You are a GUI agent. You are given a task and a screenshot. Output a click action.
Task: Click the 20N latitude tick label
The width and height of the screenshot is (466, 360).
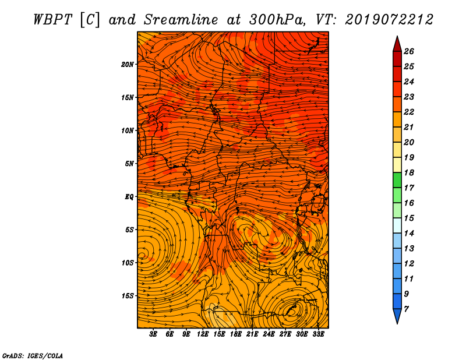tap(128, 65)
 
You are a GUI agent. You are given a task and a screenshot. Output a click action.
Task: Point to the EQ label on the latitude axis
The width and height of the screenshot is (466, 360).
tap(129, 197)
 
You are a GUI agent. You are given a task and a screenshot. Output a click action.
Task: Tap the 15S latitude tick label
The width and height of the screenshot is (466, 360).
tap(128, 296)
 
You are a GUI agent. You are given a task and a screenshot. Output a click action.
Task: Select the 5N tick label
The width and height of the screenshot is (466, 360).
tap(129, 164)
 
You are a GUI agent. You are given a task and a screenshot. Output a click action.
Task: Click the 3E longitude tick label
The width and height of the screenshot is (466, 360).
tap(153, 334)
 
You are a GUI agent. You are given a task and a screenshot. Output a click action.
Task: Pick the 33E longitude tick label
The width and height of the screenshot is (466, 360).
tap(318, 334)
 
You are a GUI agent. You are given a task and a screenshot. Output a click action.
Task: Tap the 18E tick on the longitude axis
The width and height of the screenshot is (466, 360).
tap(236, 334)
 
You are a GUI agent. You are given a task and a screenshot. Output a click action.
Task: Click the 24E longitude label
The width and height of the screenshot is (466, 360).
tap(269, 334)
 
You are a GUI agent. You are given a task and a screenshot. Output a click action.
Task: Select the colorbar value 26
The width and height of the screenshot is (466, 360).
tap(409, 51)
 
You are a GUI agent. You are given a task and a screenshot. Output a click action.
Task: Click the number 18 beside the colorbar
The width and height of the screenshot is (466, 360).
tap(409, 172)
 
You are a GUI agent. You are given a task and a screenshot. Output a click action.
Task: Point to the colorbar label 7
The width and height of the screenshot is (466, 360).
tap(406, 309)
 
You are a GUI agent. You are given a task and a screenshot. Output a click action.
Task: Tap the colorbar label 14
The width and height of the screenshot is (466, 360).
tap(409, 234)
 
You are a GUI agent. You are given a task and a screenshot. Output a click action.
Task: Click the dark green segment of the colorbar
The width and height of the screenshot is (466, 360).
tap(397, 180)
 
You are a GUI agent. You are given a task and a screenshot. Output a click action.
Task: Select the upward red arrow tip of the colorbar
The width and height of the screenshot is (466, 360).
tap(397, 37)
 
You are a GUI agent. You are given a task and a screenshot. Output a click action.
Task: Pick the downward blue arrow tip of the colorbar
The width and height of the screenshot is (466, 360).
tap(397, 323)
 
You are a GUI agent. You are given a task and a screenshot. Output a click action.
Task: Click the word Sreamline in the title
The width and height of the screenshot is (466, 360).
tap(181, 20)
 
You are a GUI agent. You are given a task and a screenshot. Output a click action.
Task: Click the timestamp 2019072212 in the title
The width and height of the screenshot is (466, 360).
tap(389, 20)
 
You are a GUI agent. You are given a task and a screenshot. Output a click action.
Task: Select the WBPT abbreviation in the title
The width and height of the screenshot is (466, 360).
tap(52, 20)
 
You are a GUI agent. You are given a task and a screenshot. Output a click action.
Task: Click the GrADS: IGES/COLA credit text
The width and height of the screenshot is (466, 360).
tap(33, 355)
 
